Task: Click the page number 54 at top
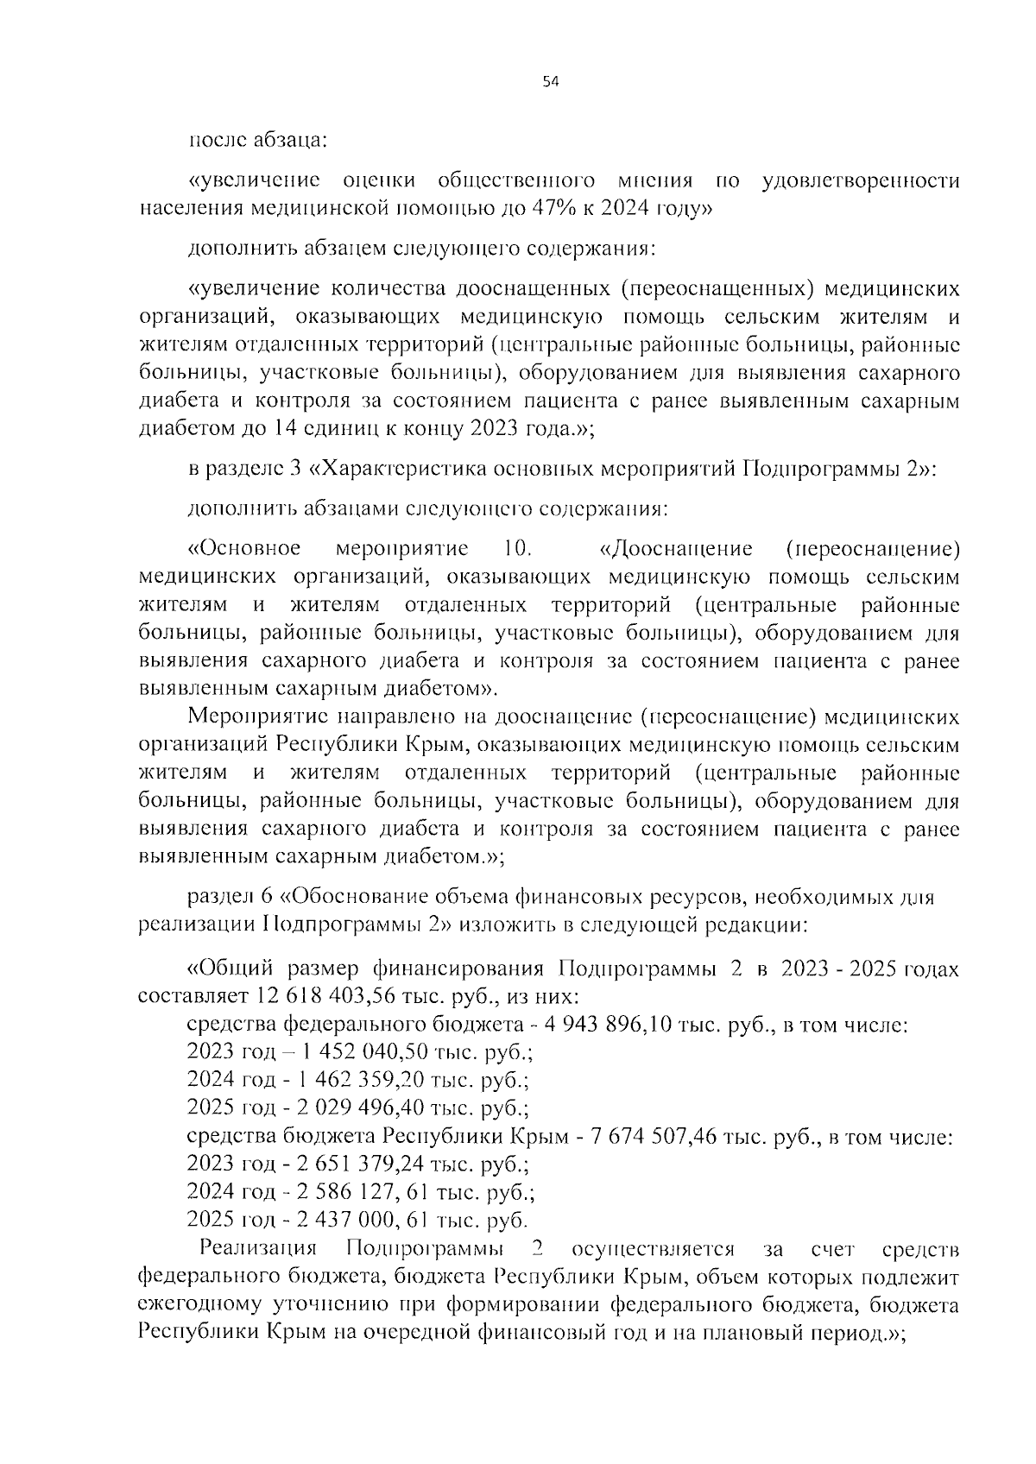tap(551, 82)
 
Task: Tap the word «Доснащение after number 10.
tap(675, 549)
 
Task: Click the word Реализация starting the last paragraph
tap(257, 1248)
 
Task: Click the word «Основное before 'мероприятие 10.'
tap(244, 549)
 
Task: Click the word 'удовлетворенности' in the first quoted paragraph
tap(862, 180)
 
